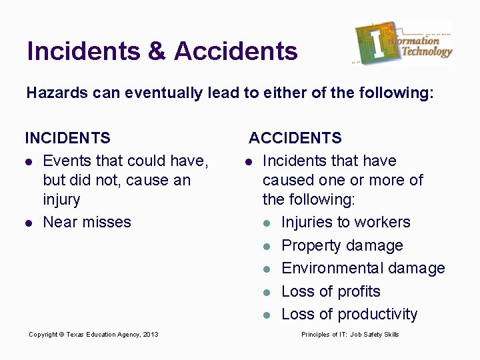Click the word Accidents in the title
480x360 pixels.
pos(236,51)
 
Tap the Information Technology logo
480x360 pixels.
pos(403,43)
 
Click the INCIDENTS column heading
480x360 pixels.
pos(68,138)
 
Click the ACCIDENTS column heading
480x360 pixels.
pos(295,138)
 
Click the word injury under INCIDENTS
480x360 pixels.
pos(61,199)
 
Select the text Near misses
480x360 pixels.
pos(87,222)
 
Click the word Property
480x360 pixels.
pos(311,245)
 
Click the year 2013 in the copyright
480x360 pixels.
pos(151,335)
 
